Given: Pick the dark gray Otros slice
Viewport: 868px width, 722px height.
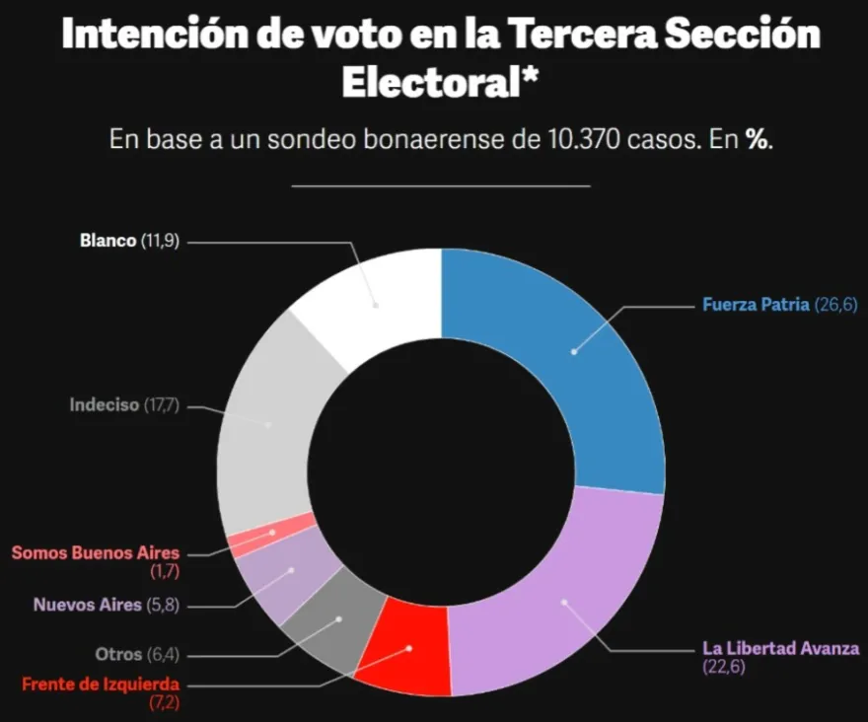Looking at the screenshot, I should coord(337,619).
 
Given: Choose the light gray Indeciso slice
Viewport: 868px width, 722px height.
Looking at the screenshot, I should coord(268,424).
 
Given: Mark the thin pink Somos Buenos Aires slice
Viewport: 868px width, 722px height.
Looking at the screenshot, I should coord(272,531).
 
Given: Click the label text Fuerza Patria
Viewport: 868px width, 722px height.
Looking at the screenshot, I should coord(756,305).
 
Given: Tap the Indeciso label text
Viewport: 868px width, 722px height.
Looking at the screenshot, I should coord(105,405).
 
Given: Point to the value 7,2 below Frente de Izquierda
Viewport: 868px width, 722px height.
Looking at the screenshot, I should coord(165,703).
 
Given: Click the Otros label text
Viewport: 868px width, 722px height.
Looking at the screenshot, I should coord(118,654).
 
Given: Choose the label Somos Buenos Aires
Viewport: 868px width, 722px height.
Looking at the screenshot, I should coord(96,552).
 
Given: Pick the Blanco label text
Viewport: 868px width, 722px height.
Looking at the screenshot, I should coord(108,241).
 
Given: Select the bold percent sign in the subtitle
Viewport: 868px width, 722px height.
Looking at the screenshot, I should coord(757,140).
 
